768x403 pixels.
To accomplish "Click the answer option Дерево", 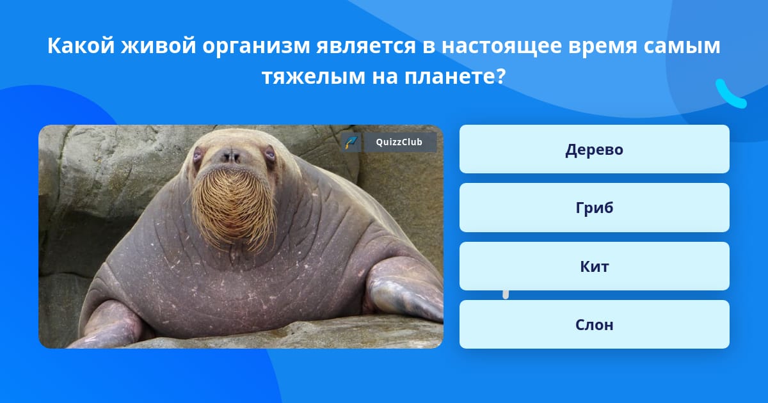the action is [x=594, y=149].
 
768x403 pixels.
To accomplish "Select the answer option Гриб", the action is [x=594, y=208].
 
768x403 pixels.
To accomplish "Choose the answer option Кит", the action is [x=594, y=266].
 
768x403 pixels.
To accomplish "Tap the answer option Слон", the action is [x=594, y=324].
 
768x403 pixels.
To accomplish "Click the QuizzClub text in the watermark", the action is [x=399, y=142].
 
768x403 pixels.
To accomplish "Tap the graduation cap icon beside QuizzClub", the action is [x=351, y=142].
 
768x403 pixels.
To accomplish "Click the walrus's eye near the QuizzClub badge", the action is [x=270, y=154].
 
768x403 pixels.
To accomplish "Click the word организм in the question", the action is [x=256, y=46].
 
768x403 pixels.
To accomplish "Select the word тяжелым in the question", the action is [x=314, y=76].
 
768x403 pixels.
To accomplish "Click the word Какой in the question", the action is [x=81, y=45].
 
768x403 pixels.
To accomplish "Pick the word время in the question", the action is [x=602, y=46].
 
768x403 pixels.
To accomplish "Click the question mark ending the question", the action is [x=500, y=75].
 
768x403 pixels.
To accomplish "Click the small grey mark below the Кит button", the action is [x=506, y=295].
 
